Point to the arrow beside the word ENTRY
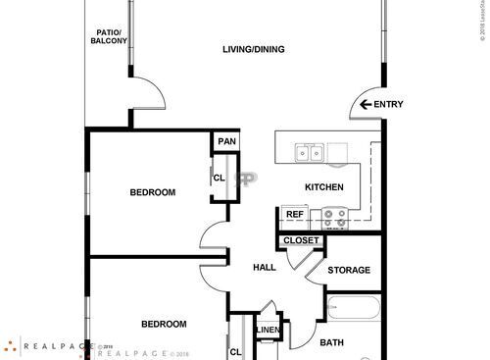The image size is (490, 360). (x=367, y=105)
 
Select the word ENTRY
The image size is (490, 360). (x=389, y=105)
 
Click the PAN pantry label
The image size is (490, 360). (x=226, y=142)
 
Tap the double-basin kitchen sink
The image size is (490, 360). (x=312, y=152)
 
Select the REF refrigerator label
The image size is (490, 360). (x=294, y=214)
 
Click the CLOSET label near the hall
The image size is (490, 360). (x=301, y=240)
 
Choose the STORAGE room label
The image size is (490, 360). (x=349, y=270)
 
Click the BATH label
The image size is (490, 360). (x=331, y=342)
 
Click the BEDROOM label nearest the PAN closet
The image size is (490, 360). (x=153, y=192)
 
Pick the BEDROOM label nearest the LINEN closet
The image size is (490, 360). (x=163, y=324)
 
